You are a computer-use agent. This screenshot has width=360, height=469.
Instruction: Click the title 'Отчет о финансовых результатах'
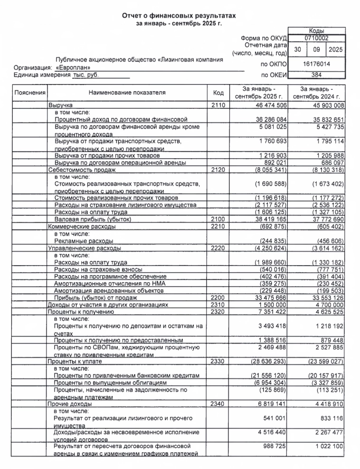point(179,16)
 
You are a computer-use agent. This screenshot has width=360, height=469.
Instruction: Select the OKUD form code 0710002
point(317,38)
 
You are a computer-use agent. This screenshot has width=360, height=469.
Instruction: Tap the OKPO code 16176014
point(317,63)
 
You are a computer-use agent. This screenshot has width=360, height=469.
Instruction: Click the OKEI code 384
point(317,75)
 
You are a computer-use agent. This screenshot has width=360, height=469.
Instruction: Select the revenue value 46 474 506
point(269,105)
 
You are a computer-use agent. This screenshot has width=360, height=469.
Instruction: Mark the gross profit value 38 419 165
point(269,220)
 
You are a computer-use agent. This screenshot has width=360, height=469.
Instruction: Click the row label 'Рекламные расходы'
point(83,241)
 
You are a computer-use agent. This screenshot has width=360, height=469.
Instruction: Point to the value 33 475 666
point(269,298)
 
